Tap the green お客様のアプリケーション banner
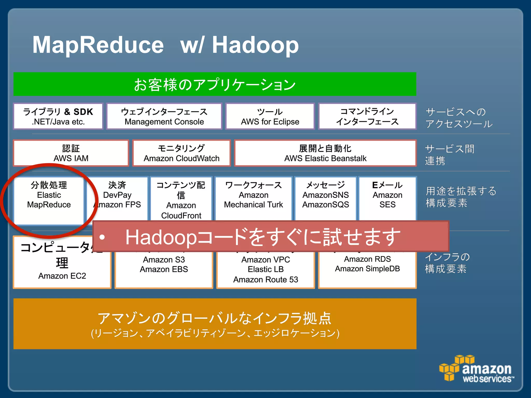(215, 84)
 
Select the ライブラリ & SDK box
(58, 116)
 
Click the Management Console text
(164, 122)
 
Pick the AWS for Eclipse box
(270, 116)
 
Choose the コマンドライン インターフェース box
(367, 116)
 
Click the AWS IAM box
(71, 153)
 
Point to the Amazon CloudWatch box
(181, 153)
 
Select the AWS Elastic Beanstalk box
(325, 153)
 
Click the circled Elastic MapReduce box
(49, 200)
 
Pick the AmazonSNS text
(326, 195)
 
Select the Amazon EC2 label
(62, 276)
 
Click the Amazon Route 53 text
(265, 280)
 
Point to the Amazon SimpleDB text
(367, 269)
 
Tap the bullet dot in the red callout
(102, 237)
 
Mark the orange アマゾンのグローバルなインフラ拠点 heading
(215, 318)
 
